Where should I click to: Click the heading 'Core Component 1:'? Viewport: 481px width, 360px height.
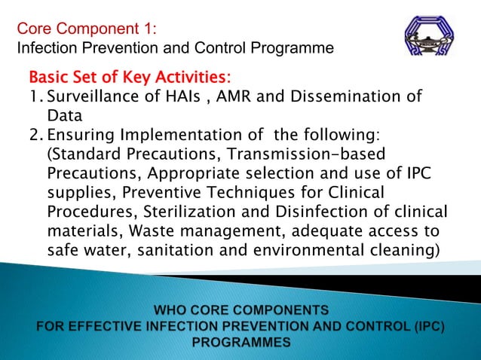pos(87,29)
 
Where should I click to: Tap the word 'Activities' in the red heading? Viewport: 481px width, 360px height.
pos(193,78)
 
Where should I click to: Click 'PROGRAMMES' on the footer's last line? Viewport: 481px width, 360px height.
pos(240,342)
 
